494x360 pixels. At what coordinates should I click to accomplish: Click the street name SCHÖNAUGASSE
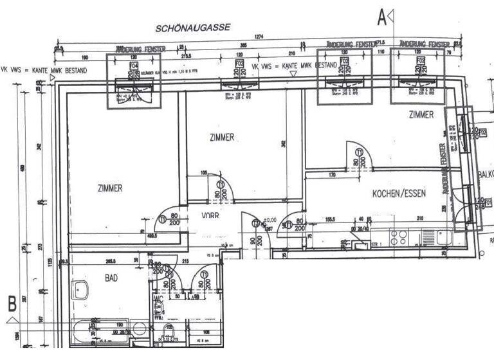pyautogui.click(x=192, y=28)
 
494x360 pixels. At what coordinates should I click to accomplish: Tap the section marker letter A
pyautogui.click(x=382, y=18)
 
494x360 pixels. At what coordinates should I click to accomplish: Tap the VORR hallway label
pyautogui.click(x=210, y=216)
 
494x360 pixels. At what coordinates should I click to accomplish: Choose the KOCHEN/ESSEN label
pyautogui.click(x=399, y=194)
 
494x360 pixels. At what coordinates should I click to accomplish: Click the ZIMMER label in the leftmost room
pyautogui.click(x=110, y=188)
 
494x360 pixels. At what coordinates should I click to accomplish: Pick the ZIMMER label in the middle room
pyautogui.click(x=222, y=137)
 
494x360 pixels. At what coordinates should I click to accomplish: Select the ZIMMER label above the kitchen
pyautogui.click(x=421, y=115)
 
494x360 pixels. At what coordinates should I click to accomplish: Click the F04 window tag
pyautogui.click(x=134, y=66)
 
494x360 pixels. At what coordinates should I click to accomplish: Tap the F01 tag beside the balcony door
pyautogui.click(x=488, y=202)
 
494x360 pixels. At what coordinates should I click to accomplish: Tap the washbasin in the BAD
pyautogui.click(x=81, y=291)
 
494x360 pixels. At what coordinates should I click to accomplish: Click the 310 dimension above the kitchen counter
pyautogui.click(x=419, y=219)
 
